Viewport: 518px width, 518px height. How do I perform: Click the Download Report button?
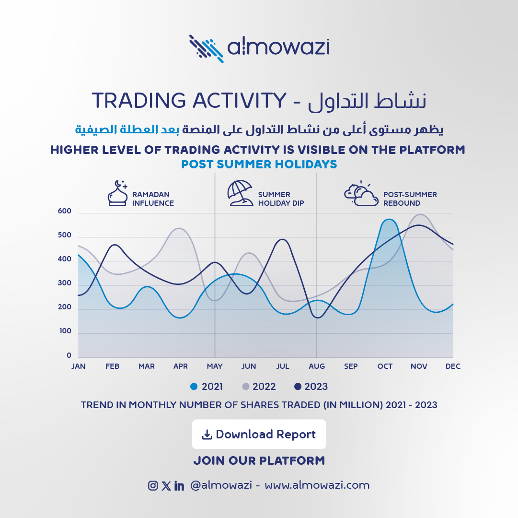pyautogui.click(x=259, y=434)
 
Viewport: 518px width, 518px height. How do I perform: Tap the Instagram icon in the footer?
pyautogui.click(x=153, y=485)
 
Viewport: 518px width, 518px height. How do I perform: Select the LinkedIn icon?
pyautogui.click(x=179, y=485)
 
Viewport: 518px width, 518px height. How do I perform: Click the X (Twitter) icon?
pyautogui.click(x=166, y=485)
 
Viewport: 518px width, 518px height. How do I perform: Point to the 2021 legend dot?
pyautogui.click(x=194, y=387)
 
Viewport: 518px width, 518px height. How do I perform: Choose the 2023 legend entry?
pyautogui.click(x=311, y=387)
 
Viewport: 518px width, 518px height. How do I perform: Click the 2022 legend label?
pyautogui.click(x=264, y=387)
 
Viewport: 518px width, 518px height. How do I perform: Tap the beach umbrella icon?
pyautogui.click(x=240, y=193)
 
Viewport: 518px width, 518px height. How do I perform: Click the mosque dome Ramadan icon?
pyautogui.click(x=117, y=193)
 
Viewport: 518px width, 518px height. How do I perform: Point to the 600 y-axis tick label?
pyautogui.click(x=64, y=211)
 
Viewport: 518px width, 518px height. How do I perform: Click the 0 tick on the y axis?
pyautogui.click(x=69, y=355)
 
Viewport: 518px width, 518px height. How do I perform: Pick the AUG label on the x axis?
pyautogui.click(x=317, y=366)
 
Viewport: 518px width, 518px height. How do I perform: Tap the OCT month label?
pyautogui.click(x=385, y=366)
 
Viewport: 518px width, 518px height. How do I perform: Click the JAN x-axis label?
pyautogui.click(x=78, y=366)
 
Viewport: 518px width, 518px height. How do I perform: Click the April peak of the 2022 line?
pyautogui.click(x=179, y=228)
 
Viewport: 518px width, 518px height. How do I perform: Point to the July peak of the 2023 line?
pyautogui.click(x=282, y=239)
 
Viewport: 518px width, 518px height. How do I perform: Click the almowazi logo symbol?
pyautogui.click(x=206, y=48)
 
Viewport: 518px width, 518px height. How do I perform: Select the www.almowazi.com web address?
pyautogui.click(x=317, y=485)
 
